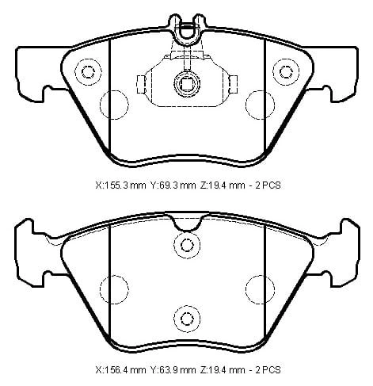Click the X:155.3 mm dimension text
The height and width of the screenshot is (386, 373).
pos(120,185)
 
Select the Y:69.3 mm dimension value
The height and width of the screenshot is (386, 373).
pos(173,185)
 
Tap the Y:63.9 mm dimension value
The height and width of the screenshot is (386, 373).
pos(173,369)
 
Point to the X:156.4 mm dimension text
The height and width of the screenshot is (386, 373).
pos(120,369)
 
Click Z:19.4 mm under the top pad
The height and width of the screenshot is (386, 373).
pos(223,185)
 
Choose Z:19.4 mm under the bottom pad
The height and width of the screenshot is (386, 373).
pos(223,369)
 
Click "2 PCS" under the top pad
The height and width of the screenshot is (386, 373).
pos(268,185)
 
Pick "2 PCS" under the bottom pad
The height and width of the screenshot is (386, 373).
pos(268,369)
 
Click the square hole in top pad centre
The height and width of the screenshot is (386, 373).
pos(187,84)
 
